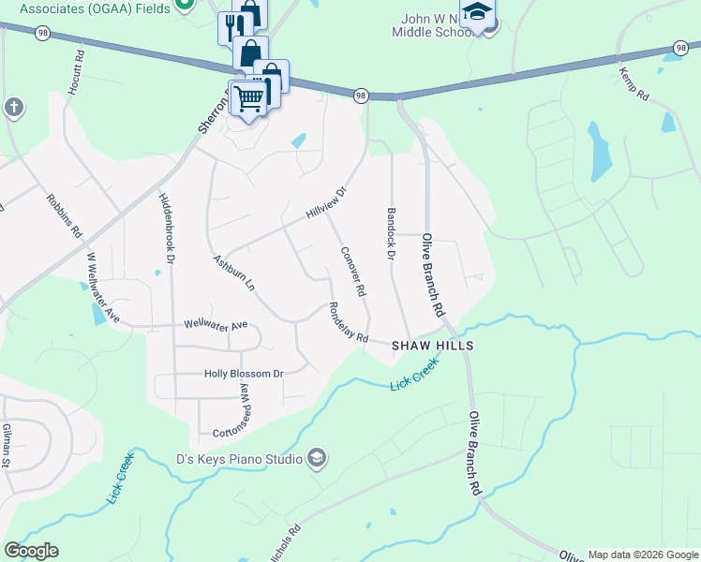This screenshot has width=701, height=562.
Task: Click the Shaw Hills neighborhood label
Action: click(x=432, y=346)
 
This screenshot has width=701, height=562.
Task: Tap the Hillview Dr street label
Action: click(x=326, y=203)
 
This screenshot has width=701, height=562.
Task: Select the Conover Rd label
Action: click(x=353, y=271)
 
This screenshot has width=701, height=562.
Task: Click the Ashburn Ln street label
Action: click(x=233, y=273)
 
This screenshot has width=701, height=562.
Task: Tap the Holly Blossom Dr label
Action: click(x=244, y=374)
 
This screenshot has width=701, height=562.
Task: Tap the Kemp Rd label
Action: click(x=634, y=83)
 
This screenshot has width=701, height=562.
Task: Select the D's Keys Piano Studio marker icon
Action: click(x=317, y=458)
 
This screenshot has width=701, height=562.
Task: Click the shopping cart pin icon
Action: click(x=248, y=96)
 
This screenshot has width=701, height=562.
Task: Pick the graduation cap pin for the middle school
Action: click(x=478, y=13)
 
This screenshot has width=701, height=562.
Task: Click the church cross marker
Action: click(x=13, y=107)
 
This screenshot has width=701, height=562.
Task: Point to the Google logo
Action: click(x=31, y=551)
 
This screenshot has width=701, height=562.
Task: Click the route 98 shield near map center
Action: click(x=361, y=96)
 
